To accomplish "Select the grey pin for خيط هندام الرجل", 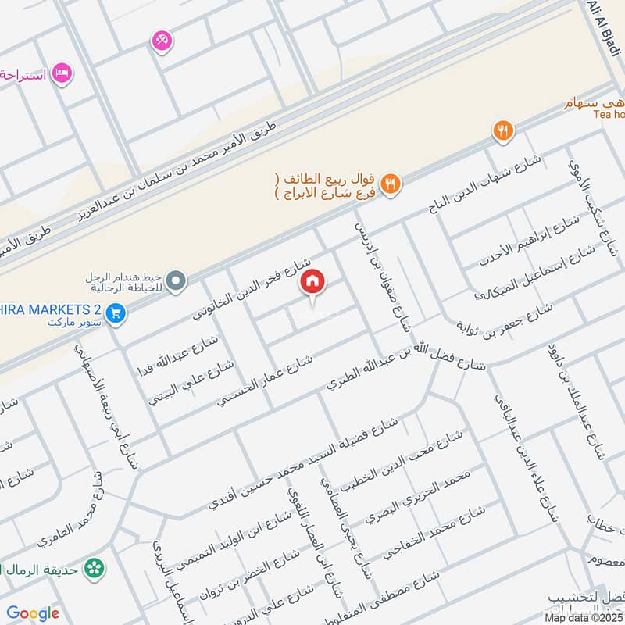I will [177, 280].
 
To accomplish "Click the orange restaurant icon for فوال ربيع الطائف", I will [392, 184].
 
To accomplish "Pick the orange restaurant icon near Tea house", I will [503, 131].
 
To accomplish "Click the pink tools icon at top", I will [162, 40].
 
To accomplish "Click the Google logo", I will [33, 613].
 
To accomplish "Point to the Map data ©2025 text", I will [583, 617].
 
